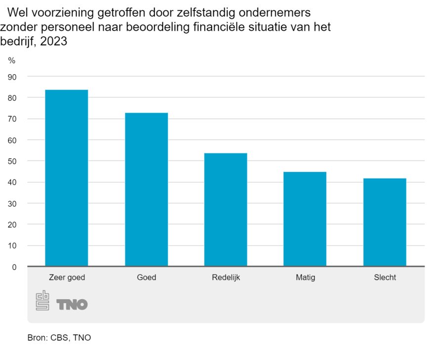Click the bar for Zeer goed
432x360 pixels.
(66, 178)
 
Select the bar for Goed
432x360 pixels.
(146, 189)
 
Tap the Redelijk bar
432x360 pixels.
(225, 210)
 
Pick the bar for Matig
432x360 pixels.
(305, 219)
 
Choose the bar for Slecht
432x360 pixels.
(385, 222)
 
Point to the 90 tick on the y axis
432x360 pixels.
(12, 77)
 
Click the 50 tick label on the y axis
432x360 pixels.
(12, 161)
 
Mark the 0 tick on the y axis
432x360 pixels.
(14, 267)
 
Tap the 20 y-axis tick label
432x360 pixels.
(12, 225)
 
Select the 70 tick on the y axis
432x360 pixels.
(12, 119)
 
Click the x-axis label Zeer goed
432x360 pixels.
(67, 277)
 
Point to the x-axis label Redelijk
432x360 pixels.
(225, 277)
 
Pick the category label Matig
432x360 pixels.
(305, 277)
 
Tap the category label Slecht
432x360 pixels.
(385, 277)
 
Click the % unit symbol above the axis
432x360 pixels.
(12, 60)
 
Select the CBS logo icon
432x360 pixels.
(42, 300)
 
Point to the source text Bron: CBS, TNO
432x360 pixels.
(59, 338)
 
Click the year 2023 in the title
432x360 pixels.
(53, 42)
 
